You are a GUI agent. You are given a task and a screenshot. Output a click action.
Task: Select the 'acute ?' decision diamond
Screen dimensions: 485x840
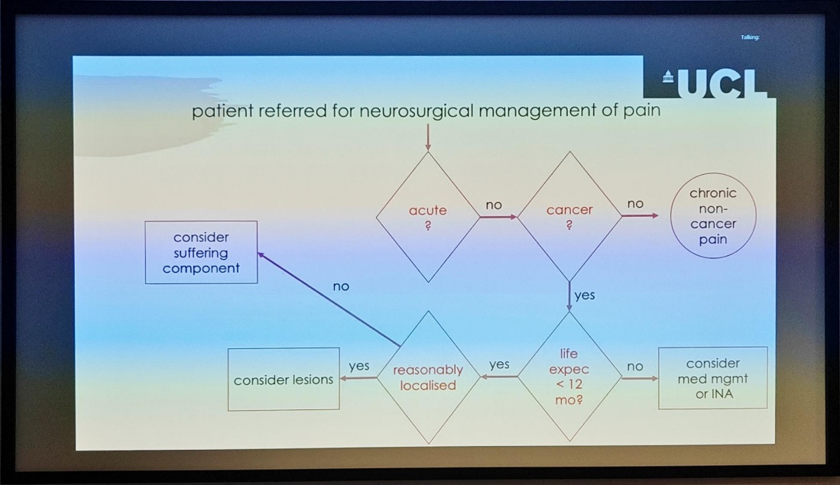(x=427, y=216)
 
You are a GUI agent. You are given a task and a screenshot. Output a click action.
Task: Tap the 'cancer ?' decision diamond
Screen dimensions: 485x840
(x=569, y=216)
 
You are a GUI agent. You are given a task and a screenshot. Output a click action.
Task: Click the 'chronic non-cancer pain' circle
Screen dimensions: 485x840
(x=712, y=216)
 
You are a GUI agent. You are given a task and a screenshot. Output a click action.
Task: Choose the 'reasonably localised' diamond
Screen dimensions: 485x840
(x=428, y=377)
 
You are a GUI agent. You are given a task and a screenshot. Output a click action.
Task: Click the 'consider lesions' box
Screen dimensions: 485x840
(x=284, y=380)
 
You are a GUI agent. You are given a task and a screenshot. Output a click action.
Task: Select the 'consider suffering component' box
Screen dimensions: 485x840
(x=201, y=253)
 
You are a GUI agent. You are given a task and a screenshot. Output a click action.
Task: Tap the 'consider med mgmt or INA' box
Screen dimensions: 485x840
(x=712, y=378)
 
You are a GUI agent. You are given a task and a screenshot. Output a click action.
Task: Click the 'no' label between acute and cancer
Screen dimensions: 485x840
(x=494, y=205)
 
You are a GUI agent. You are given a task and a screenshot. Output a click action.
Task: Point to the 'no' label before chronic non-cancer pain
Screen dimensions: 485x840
(x=635, y=204)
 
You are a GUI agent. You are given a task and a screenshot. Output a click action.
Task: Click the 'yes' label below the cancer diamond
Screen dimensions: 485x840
(x=584, y=295)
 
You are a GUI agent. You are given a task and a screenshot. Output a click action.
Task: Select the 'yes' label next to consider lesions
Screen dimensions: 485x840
(x=359, y=366)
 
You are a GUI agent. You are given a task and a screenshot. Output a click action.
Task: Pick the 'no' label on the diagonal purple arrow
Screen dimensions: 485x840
(x=341, y=286)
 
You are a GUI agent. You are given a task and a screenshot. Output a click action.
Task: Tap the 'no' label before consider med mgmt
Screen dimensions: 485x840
(x=635, y=367)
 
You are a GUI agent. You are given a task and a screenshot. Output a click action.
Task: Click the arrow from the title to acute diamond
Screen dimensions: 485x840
(x=428, y=137)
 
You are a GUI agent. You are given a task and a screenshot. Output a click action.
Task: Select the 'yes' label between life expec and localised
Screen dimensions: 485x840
(x=499, y=364)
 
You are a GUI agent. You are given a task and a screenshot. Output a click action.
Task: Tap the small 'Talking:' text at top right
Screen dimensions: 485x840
(x=750, y=37)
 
